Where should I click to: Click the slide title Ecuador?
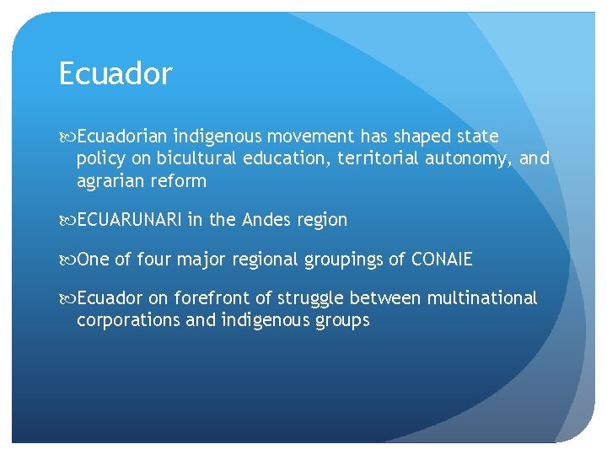[x=115, y=74]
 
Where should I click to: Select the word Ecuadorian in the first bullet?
[x=123, y=136]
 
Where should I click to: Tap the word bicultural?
[x=199, y=158]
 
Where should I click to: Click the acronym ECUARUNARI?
[x=129, y=220]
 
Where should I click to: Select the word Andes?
[x=266, y=220]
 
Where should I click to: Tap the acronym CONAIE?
[x=442, y=260]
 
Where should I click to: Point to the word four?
[x=153, y=260]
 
